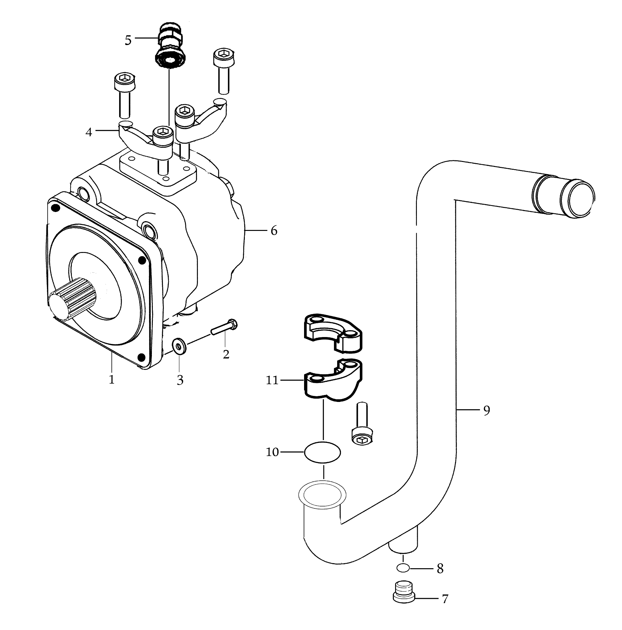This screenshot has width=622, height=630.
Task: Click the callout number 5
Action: [128, 40]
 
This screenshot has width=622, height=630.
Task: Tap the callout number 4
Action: [89, 132]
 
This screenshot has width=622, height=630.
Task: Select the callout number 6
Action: [274, 231]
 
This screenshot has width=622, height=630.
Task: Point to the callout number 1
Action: [112, 380]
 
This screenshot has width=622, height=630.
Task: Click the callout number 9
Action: [487, 410]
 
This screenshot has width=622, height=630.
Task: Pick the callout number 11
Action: [272, 380]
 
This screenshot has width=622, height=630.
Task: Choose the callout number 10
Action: [272, 452]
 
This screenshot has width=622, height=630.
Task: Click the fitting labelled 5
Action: [169, 46]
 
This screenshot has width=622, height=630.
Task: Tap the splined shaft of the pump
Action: [73, 297]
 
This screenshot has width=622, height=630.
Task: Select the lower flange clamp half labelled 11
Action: [333, 380]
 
